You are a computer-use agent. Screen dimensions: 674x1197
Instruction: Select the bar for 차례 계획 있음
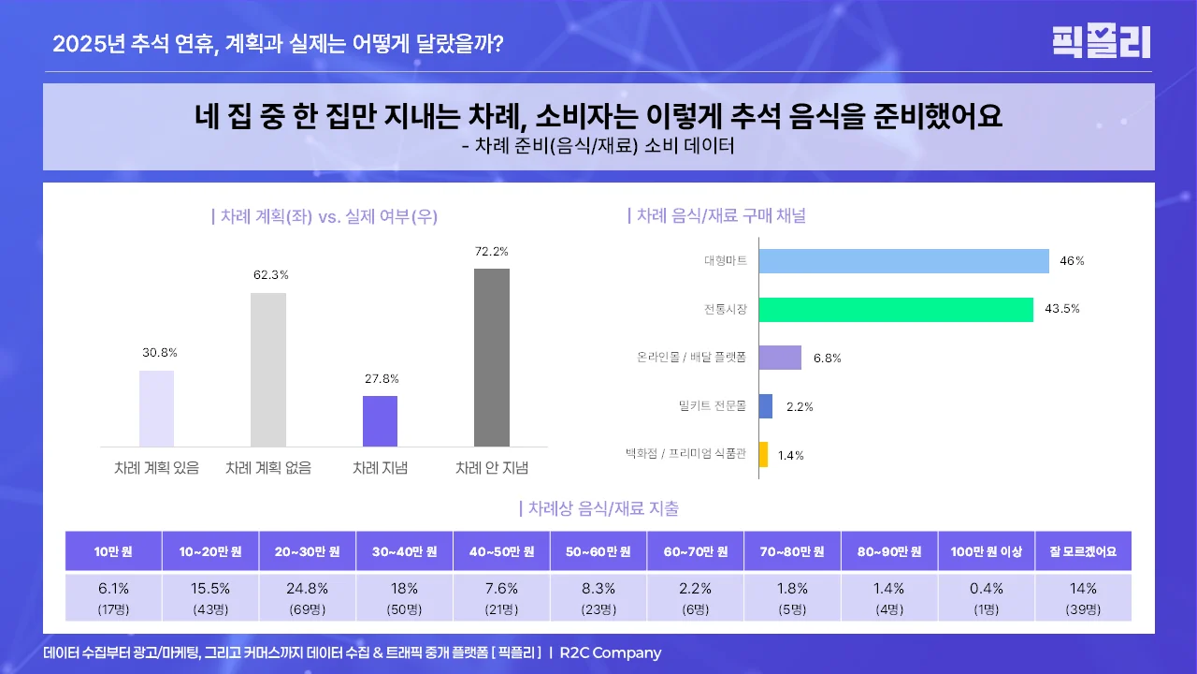pos(156,408)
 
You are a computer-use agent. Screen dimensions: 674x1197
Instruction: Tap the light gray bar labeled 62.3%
pos(268,370)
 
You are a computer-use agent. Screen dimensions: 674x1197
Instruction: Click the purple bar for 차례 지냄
pos(380,421)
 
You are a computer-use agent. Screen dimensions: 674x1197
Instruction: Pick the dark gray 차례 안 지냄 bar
pos(492,358)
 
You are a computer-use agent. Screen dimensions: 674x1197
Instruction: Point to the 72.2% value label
pos(492,252)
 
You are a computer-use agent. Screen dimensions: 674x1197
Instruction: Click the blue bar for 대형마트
pos(903,261)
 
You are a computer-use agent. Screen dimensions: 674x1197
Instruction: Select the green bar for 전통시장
pos(896,309)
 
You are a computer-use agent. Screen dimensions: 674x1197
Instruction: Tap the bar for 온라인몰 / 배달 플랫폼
pos(780,358)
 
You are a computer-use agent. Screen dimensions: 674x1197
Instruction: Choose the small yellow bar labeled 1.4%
pos(763,455)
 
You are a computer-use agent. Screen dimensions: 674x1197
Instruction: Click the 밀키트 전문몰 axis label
pos(713,406)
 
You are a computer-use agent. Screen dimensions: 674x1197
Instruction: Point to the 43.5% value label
pos(1061,309)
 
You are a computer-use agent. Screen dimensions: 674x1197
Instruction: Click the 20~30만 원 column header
pos(308,551)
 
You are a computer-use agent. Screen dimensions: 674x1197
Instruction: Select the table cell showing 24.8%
pos(308,597)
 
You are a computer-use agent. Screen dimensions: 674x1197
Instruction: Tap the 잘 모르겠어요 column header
pos(1083,551)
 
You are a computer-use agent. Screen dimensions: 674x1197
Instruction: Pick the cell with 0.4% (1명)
pos(986,597)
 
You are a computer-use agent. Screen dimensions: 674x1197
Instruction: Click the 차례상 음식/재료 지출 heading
pos(598,509)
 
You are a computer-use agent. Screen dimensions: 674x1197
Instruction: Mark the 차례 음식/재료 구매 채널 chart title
pos(716,216)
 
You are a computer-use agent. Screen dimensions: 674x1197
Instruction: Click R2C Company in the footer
pos(610,652)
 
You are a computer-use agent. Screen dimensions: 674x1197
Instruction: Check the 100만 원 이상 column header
pos(986,551)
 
